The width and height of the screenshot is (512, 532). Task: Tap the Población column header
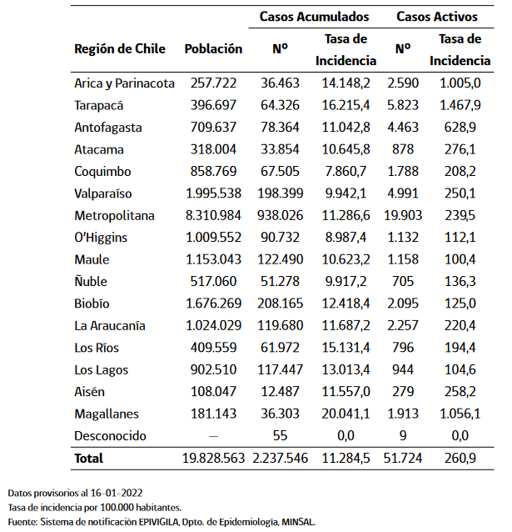pos(213,48)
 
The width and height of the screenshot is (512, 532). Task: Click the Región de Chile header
pos(120,48)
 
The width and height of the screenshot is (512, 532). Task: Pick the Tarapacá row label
pos(99,106)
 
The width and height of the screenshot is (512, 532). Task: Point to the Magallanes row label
pos(107,414)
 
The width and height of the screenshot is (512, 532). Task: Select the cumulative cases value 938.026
pos(280,215)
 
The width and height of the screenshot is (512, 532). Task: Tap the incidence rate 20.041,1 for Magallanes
pos(345,414)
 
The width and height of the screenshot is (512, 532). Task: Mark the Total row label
pos(89,458)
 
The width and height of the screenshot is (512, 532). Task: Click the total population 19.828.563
pos(213,458)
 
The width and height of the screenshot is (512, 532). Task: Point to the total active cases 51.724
pos(404,458)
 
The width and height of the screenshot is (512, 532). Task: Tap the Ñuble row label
pos(91,281)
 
